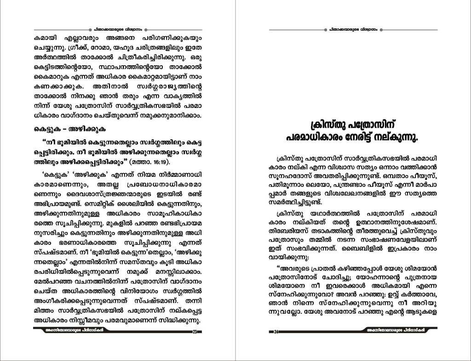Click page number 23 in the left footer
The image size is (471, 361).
point(195,332)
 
